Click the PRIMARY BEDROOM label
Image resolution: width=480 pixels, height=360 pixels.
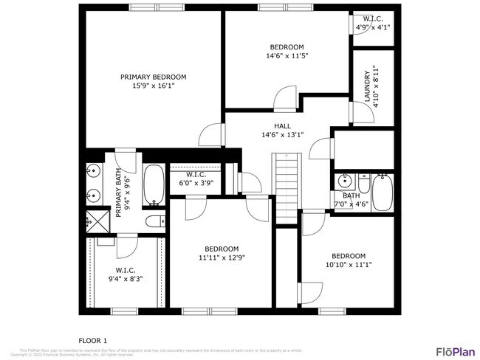(x=153, y=77)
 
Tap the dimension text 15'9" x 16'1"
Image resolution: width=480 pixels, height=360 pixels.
(x=153, y=86)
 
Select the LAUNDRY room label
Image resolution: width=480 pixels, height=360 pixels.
(x=367, y=89)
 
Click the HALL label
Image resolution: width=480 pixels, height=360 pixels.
(x=282, y=125)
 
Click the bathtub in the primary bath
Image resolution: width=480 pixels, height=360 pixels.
(x=154, y=184)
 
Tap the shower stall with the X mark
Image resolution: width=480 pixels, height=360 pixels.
(x=94, y=219)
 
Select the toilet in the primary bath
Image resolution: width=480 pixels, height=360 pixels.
(x=156, y=221)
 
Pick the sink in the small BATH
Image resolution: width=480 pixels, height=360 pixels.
(x=344, y=181)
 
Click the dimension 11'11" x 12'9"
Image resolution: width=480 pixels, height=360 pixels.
(x=221, y=257)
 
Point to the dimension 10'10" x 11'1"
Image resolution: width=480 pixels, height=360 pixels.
(x=348, y=265)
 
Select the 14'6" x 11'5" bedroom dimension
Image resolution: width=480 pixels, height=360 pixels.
(x=287, y=55)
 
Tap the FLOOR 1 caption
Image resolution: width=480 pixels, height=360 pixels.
(x=93, y=340)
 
